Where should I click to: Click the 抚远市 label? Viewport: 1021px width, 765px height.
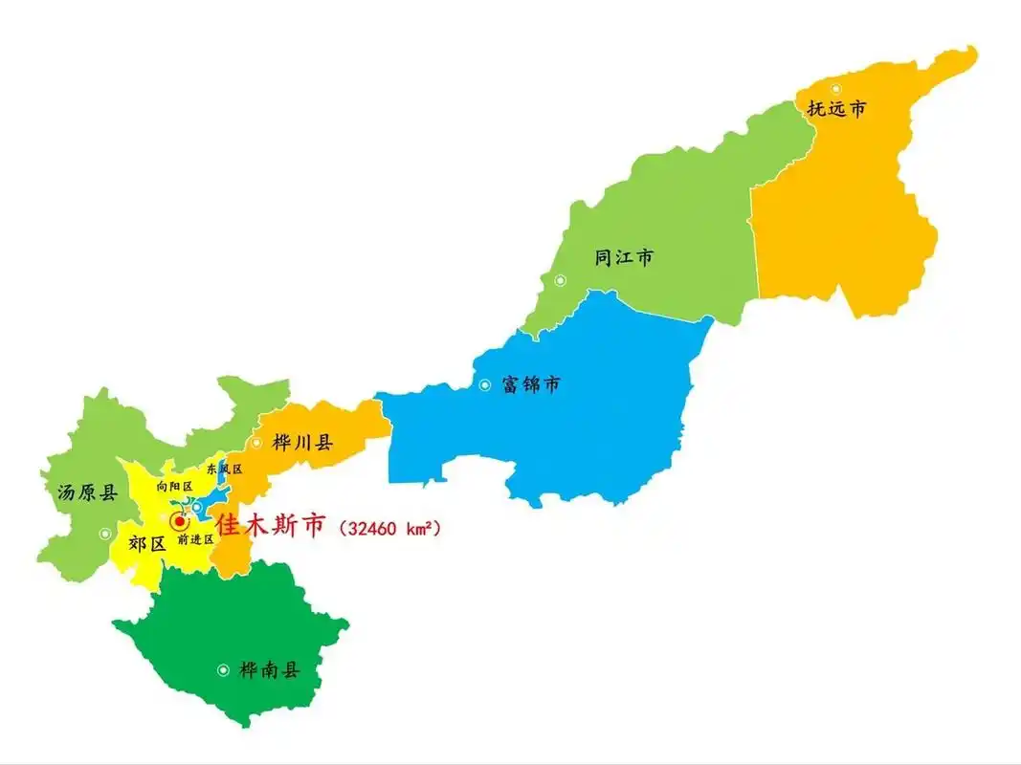coord(836,109)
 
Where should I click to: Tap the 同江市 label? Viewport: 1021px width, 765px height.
coord(624,257)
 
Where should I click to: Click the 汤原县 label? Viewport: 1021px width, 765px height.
coord(87,493)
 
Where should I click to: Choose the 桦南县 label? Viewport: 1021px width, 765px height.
coord(269,670)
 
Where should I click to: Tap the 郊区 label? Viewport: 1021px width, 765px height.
coord(146,544)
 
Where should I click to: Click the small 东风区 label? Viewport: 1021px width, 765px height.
coord(224,470)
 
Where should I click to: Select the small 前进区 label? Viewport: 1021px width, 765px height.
coord(195,539)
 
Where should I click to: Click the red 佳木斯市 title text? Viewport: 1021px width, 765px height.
coord(271,525)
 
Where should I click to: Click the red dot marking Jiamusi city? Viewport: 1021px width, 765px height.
coord(179,521)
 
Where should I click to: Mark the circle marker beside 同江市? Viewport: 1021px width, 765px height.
coord(560,280)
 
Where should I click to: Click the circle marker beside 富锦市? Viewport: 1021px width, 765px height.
coord(485,385)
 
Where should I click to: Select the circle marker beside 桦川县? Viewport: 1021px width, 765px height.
coord(256,443)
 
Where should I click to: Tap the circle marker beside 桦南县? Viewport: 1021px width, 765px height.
coord(223,670)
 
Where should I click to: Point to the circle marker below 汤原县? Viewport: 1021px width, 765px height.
coord(105,534)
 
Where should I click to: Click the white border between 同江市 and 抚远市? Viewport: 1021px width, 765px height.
coord(756,239)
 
